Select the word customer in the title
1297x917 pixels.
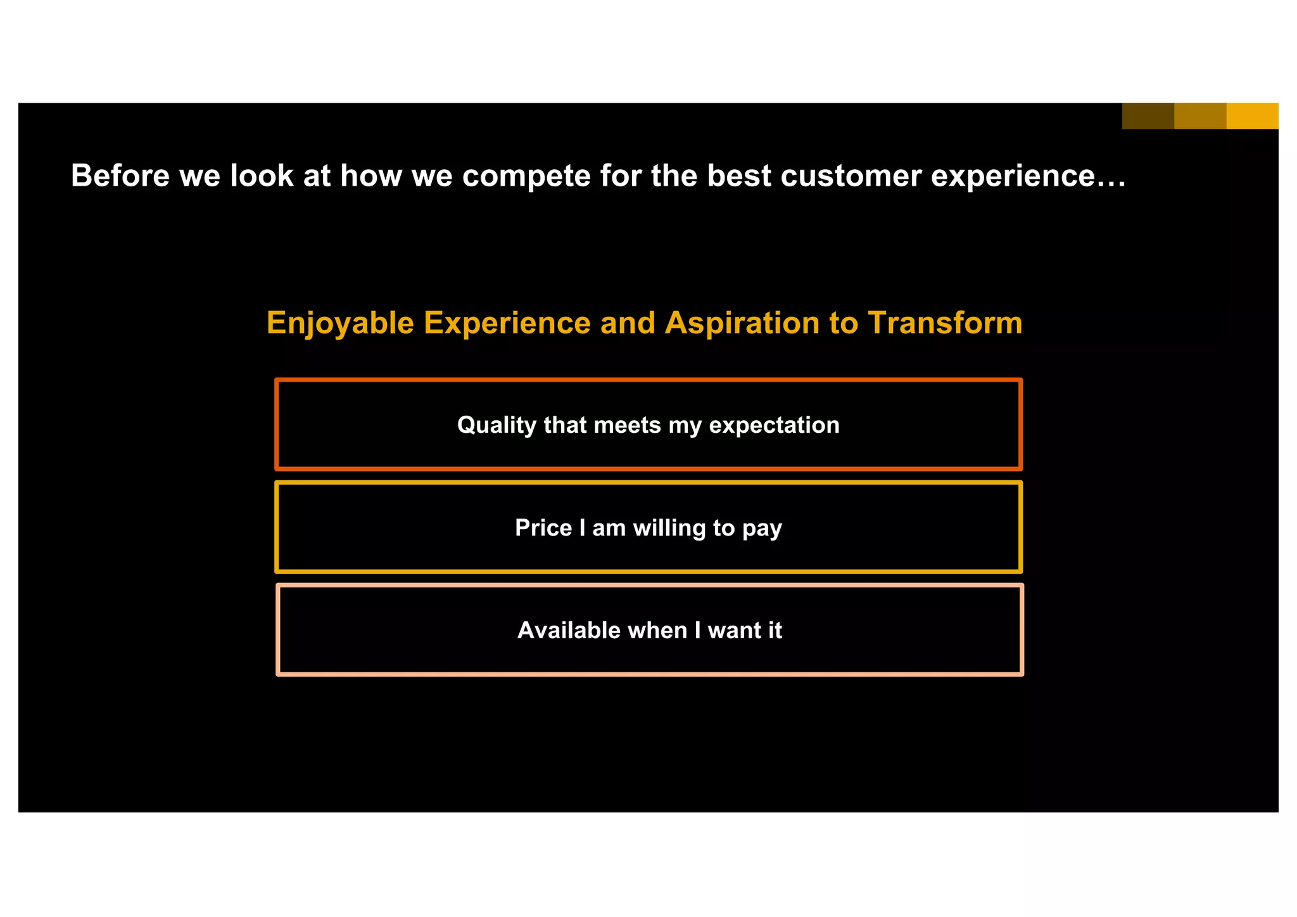tap(851, 176)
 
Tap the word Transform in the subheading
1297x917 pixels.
tap(945, 323)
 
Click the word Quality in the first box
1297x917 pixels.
tap(497, 425)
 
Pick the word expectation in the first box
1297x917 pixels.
tap(774, 425)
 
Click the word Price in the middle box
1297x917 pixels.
tap(543, 528)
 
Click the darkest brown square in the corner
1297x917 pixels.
tap(1148, 116)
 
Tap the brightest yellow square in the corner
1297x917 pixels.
tap(1252, 116)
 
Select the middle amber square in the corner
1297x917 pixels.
tap(1200, 116)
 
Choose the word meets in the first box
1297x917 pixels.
tap(628, 425)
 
